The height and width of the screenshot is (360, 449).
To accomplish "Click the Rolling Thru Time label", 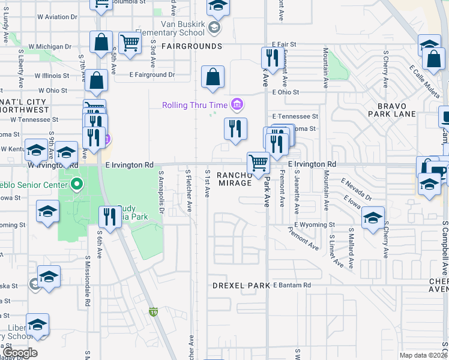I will click(x=196, y=105).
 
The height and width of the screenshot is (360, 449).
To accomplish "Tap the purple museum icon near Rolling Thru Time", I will click(x=237, y=105).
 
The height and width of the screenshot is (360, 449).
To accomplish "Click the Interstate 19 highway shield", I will click(x=153, y=311).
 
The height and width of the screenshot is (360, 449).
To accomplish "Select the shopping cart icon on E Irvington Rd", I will click(x=258, y=163).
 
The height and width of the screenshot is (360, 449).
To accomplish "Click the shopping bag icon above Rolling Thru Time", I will click(x=212, y=76).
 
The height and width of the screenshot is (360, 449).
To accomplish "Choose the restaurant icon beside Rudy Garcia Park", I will click(x=109, y=217).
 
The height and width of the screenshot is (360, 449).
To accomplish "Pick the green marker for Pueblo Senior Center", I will click(x=76, y=184).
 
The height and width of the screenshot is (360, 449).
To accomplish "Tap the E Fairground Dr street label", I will click(x=152, y=76).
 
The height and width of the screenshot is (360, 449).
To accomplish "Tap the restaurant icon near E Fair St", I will click(x=273, y=58).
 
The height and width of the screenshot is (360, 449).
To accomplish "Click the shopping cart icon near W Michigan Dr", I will click(x=130, y=43).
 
